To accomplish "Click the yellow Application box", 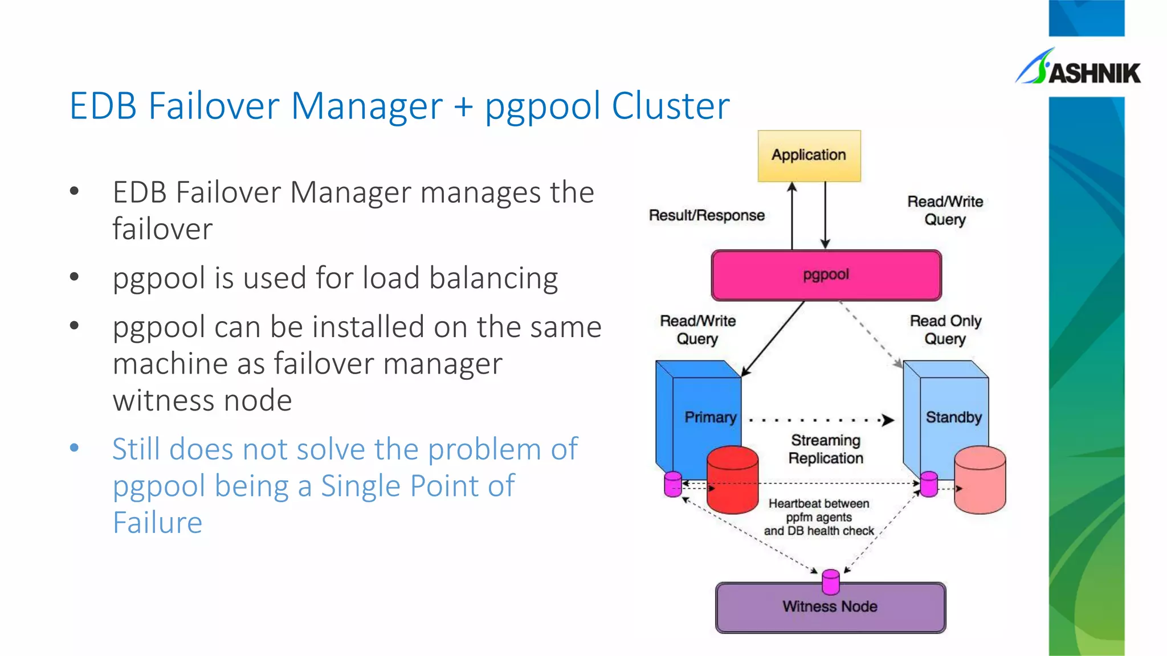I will (x=809, y=155).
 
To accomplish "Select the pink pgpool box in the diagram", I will (x=826, y=275).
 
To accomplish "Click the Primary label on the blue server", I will (x=710, y=417).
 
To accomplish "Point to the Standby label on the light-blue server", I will (x=953, y=417).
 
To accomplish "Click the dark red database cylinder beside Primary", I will (x=732, y=481).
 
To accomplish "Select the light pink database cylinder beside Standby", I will (x=980, y=481).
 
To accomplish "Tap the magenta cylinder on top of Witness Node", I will (x=831, y=581).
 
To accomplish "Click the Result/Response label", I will (x=707, y=215).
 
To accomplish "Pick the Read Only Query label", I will (x=945, y=330).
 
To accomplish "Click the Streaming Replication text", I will (x=826, y=449).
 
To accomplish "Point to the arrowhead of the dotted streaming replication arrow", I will (x=888, y=421).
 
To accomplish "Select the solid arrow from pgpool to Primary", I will (x=772, y=338).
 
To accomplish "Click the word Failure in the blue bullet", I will (x=157, y=523).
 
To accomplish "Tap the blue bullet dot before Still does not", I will (x=74, y=448).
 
